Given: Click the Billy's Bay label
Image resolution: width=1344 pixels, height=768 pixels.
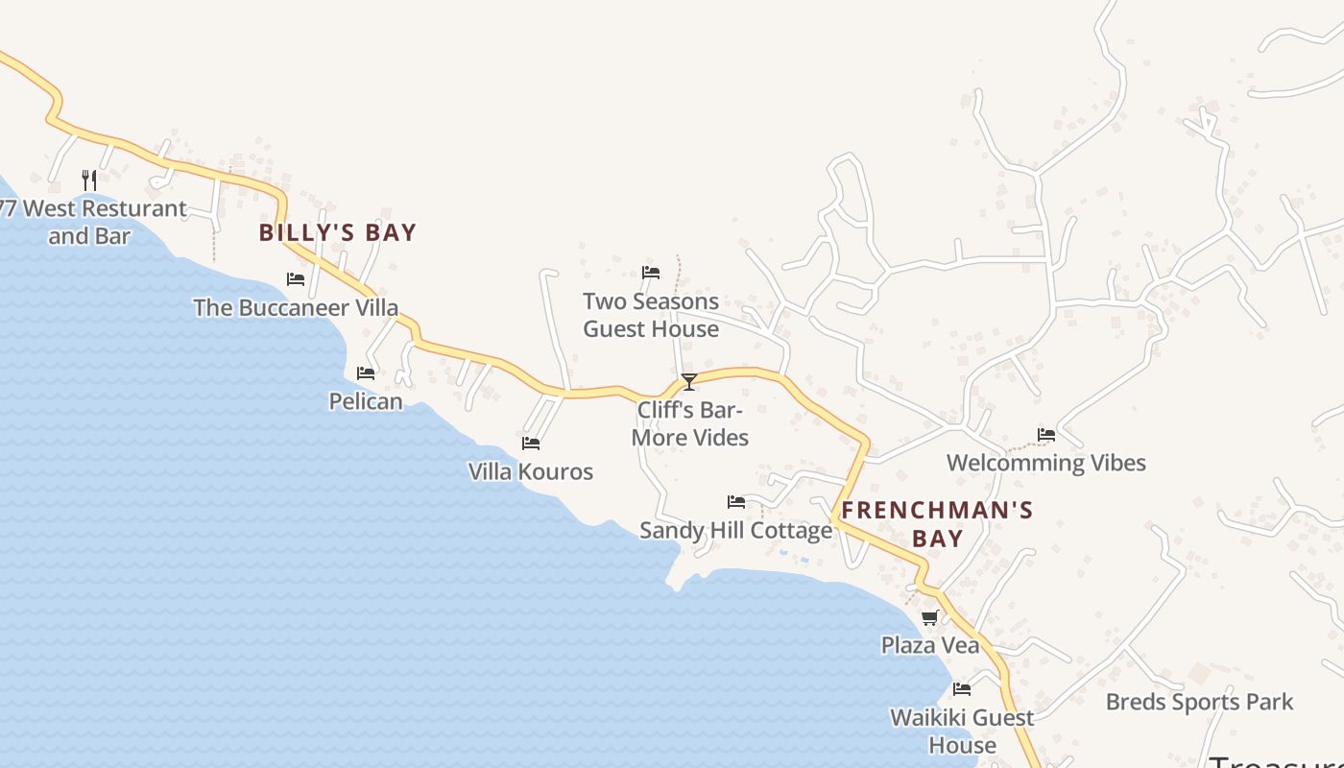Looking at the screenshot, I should pyautogui.click(x=338, y=232).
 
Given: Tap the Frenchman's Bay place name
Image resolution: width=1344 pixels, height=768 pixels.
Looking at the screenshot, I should pyautogui.click(x=937, y=523).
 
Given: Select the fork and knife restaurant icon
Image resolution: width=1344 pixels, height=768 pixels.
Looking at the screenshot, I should pyautogui.click(x=89, y=180).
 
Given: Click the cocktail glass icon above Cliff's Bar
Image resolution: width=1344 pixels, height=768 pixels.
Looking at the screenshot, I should pyautogui.click(x=689, y=382).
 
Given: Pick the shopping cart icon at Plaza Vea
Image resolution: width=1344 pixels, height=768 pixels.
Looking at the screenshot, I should pyautogui.click(x=929, y=617).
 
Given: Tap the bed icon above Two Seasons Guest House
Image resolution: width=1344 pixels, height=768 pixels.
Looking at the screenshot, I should pyautogui.click(x=651, y=272).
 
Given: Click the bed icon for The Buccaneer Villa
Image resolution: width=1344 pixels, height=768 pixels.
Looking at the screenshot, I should pyautogui.click(x=296, y=279).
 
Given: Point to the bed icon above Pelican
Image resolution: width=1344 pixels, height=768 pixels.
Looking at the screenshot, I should pyautogui.click(x=366, y=372).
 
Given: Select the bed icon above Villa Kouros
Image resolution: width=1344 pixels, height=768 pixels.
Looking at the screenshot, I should pyautogui.click(x=531, y=443).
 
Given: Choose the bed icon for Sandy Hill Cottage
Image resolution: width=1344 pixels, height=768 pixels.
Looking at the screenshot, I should pyautogui.click(x=736, y=501).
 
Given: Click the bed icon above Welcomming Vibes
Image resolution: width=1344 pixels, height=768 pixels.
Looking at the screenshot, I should pyautogui.click(x=1046, y=434).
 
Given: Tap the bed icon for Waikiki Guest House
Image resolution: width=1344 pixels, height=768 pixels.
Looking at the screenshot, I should pyautogui.click(x=962, y=688).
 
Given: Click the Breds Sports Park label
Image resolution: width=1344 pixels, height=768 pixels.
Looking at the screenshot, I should pyautogui.click(x=1199, y=702).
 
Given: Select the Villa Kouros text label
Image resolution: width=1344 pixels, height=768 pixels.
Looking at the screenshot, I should pyautogui.click(x=531, y=471).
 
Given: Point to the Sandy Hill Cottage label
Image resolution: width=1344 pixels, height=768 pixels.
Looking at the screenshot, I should pyautogui.click(x=736, y=530).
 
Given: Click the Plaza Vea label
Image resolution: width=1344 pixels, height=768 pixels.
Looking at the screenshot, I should pyautogui.click(x=930, y=645).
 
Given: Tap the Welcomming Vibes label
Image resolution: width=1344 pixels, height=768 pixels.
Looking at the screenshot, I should pyautogui.click(x=1046, y=463).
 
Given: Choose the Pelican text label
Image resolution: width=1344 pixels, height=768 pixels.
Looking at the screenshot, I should pyautogui.click(x=366, y=400).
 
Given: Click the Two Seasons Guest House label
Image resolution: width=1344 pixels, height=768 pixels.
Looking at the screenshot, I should pyautogui.click(x=651, y=315).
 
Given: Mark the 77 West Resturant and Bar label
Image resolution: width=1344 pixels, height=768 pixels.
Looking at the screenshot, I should pyautogui.click(x=91, y=222).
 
